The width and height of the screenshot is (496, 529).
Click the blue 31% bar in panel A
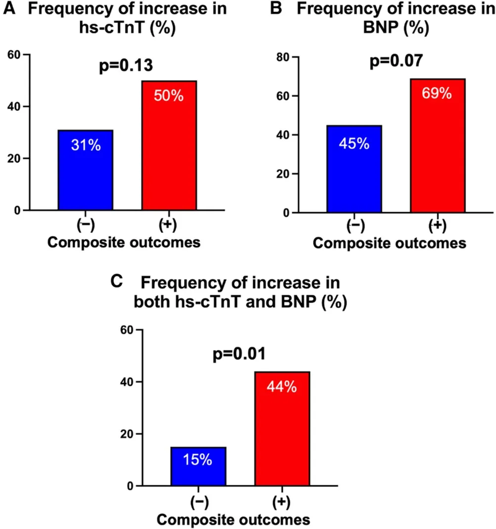[x=85, y=170]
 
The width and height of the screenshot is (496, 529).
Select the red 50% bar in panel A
[x=169, y=145]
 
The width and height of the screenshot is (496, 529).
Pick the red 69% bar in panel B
[x=438, y=146]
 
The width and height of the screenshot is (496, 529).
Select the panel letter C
[x=117, y=282]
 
